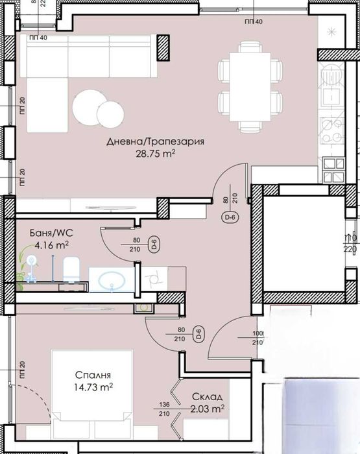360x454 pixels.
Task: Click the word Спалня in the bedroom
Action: click(91, 375)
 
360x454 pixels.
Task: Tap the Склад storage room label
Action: click(207, 397)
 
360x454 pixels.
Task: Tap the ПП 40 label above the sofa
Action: click(38, 38)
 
